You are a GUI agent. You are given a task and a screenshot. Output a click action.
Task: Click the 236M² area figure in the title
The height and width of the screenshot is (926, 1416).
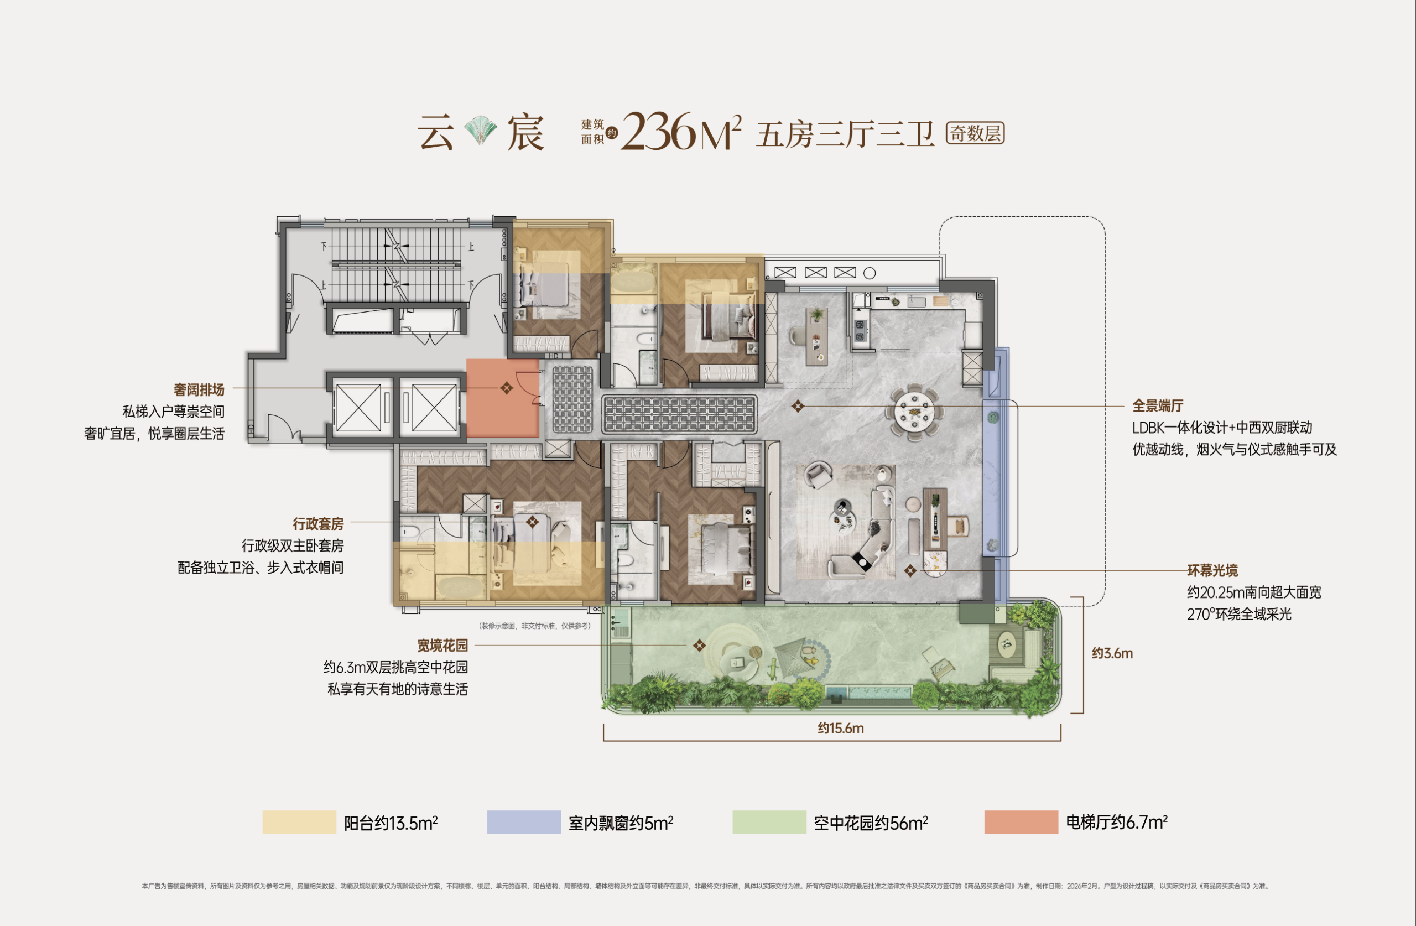681,132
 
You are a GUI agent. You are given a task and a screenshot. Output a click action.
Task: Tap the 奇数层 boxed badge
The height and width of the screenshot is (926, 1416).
975,133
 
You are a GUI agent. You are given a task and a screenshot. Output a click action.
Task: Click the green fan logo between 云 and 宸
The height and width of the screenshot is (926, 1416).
480,132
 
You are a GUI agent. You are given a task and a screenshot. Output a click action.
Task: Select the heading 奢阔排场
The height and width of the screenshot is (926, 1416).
199,390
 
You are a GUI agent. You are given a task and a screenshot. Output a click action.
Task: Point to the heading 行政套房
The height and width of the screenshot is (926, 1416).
318,524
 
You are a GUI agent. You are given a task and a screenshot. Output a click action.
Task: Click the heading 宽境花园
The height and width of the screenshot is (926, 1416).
442,645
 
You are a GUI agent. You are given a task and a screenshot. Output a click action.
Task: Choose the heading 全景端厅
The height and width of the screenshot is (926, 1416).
1158,406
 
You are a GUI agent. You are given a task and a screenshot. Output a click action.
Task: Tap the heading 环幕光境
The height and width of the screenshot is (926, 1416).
1212,571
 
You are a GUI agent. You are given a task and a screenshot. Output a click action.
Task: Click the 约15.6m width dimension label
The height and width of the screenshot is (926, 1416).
841,729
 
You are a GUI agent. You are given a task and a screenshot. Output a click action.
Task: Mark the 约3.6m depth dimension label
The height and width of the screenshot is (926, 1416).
1112,653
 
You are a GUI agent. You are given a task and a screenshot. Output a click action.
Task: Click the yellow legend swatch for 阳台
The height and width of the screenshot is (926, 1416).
299,822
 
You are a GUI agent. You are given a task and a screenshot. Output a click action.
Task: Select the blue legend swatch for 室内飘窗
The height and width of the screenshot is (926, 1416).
524,822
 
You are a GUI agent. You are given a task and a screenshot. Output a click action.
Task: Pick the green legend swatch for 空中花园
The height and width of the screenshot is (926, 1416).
769,822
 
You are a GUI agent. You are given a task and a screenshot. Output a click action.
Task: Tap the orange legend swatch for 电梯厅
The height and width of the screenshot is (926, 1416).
1021,822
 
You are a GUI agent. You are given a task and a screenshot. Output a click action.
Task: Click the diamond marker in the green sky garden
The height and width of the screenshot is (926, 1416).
700,645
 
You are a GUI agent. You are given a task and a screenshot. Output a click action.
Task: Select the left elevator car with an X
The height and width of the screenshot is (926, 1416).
358,408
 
